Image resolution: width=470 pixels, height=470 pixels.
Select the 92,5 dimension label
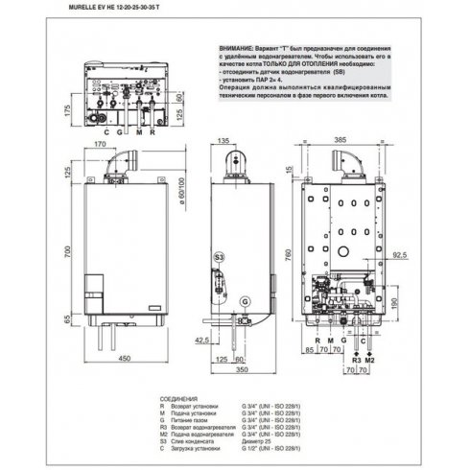click(399, 255)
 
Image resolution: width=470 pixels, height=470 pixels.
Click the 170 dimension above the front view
click(101, 144)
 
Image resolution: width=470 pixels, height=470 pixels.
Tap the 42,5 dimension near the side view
click(203, 340)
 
